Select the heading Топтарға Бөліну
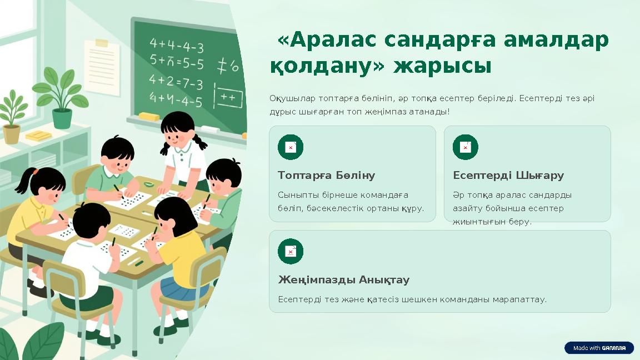[326, 176]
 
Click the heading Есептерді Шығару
[508, 176]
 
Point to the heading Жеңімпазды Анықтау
[343, 280]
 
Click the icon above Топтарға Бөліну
[291, 147]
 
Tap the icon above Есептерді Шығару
[465, 147]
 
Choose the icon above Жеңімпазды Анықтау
[291, 252]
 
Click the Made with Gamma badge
[599, 348]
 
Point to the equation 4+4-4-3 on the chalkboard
[176, 45]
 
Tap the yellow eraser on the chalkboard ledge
[148, 117]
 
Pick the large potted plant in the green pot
[61, 100]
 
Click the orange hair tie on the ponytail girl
[34, 172]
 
